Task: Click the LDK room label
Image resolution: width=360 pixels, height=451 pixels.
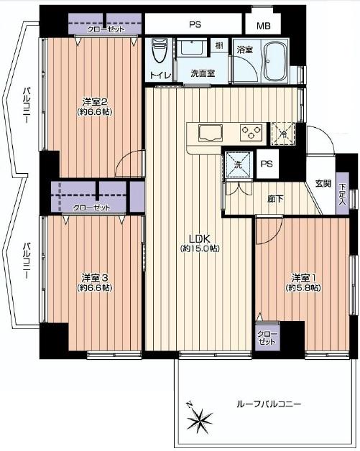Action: point(199,238)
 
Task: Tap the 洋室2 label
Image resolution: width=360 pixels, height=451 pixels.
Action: point(93,101)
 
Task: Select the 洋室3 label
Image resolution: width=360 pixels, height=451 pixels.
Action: point(94,277)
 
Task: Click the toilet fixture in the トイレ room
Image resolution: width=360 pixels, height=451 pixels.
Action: point(160,52)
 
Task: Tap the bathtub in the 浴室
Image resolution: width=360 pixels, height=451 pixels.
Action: point(274,63)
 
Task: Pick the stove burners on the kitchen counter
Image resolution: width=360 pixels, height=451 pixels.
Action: point(251,132)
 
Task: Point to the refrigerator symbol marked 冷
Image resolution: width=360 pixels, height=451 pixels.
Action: point(282,133)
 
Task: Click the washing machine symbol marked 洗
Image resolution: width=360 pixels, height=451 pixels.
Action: point(238,164)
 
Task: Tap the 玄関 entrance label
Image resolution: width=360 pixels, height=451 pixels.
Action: point(323,184)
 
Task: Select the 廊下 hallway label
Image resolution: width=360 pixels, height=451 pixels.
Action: point(276,200)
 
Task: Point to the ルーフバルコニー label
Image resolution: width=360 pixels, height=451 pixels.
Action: point(269,404)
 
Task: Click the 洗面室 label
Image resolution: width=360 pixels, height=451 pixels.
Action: point(202,73)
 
